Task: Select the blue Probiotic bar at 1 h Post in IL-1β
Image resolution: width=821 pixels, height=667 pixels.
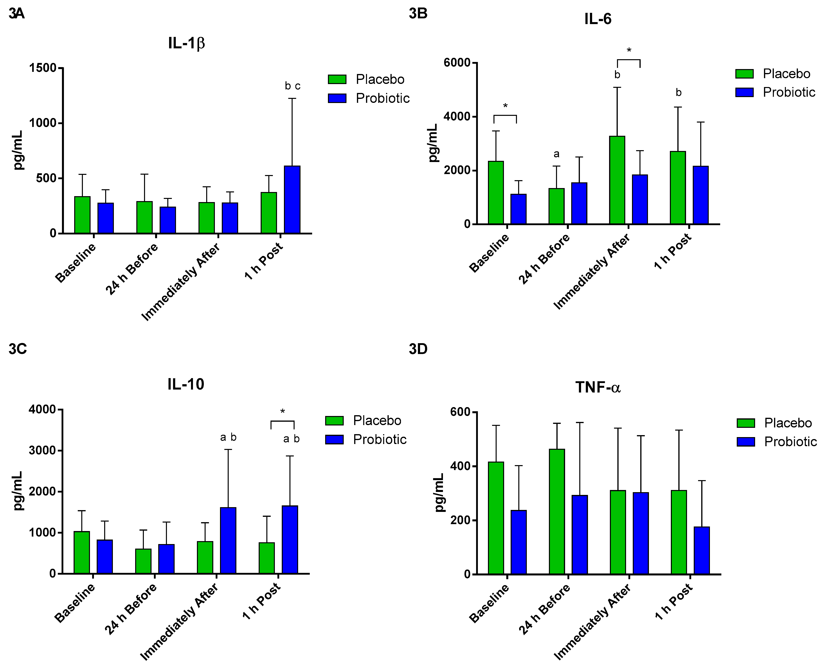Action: [x=292, y=200]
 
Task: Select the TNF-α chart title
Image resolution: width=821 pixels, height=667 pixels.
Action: [x=598, y=387]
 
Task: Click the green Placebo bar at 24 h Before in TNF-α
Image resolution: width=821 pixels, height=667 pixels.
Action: [x=557, y=511]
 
